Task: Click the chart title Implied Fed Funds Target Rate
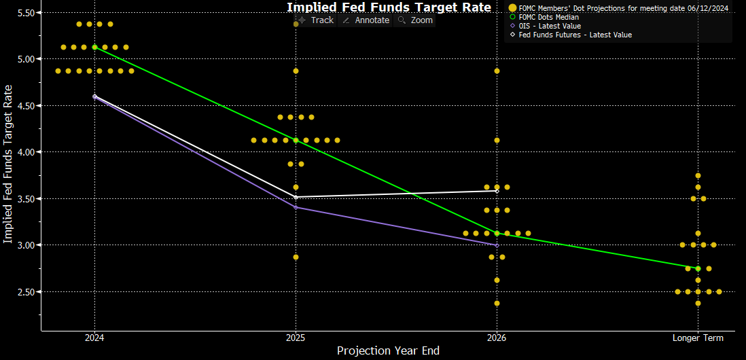[x=389, y=7]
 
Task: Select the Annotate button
[x=366, y=20]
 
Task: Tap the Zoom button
[x=415, y=20]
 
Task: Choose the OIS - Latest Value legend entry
[x=545, y=26]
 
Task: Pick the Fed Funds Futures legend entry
[x=570, y=35]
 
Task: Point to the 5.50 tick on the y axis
[x=28, y=13]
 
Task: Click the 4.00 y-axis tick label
[x=28, y=152]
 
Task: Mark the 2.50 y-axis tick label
[x=28, y=291]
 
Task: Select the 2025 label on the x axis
[x=296, y=338]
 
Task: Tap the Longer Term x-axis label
[x=698, y=338]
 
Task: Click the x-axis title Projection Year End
[x=388, y=351]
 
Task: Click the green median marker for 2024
[x=94, y=47]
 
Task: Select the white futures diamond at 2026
[x=497, y=191]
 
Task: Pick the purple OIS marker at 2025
[x=296, y=207]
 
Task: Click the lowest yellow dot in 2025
[x=296, y=257]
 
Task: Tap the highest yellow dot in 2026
[x=497, y=71]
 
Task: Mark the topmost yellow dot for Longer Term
[x=698, y=175]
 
